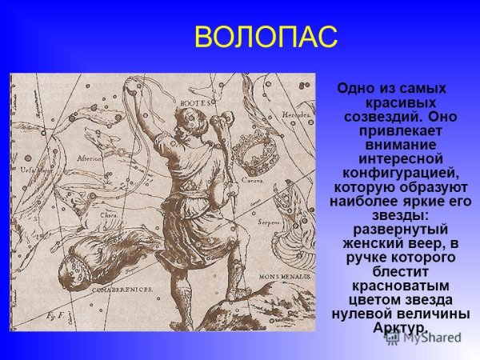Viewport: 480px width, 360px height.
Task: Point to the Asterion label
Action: coord(90,158)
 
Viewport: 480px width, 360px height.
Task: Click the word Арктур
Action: coord(400,328)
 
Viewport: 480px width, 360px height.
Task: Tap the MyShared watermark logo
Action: coord(423,337)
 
